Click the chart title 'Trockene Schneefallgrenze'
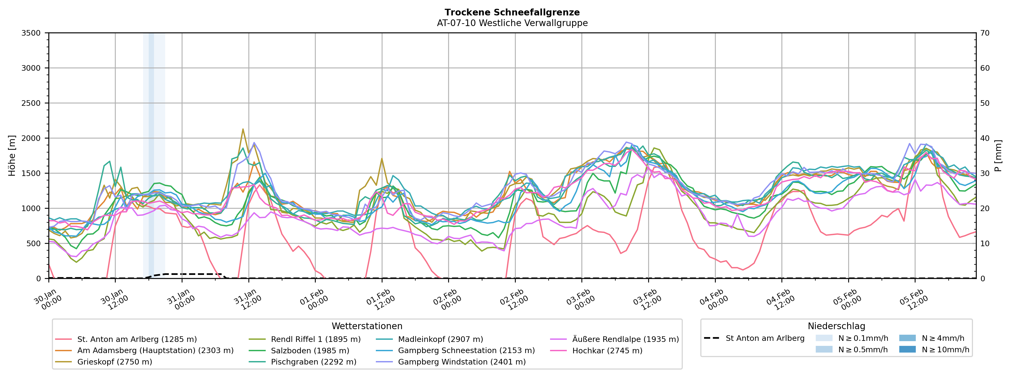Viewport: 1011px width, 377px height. point(512,12)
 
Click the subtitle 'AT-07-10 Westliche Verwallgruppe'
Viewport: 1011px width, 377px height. point(512,23)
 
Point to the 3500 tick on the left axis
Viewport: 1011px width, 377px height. point(31,33)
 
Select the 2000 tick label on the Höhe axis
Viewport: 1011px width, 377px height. point(31,138)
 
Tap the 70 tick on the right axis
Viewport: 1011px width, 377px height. point(985,33)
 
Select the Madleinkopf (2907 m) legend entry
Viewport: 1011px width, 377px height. point(440,339)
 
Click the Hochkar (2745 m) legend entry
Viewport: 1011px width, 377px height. point(607,350)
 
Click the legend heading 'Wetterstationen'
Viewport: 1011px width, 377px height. point(367,326)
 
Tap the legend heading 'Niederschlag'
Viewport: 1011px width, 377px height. point(836,326)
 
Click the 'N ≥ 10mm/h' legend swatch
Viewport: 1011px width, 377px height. point(907,349)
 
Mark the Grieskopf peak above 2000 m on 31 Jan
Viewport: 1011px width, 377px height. point(243,129)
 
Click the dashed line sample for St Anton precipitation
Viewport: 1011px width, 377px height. point(712,338)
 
